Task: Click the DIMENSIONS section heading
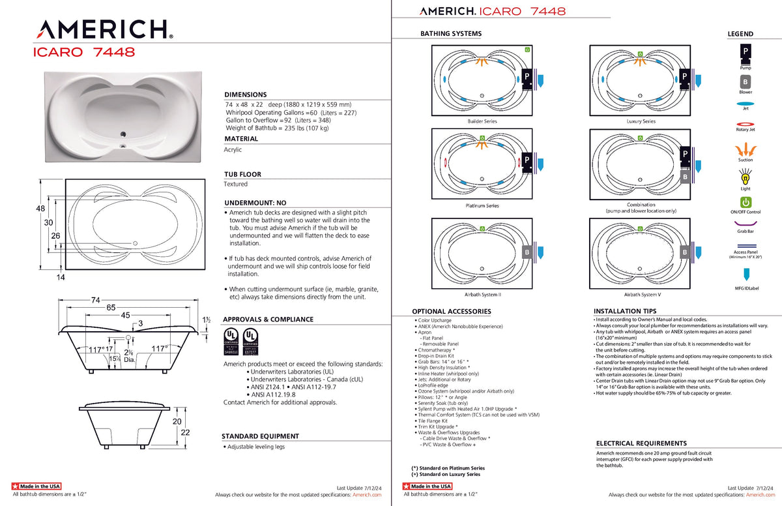245,95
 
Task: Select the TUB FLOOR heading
242,175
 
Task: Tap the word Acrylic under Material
233,149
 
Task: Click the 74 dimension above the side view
95,301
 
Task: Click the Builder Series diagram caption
482,121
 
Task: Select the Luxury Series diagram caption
641,121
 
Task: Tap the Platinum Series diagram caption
482,205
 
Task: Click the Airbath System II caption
482,295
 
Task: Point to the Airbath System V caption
642,295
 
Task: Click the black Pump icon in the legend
745,52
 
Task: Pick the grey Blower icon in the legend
745,82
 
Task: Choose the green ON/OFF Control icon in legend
745,202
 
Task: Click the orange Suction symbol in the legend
745,149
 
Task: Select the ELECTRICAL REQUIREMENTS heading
641,443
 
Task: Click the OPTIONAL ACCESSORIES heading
451,312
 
